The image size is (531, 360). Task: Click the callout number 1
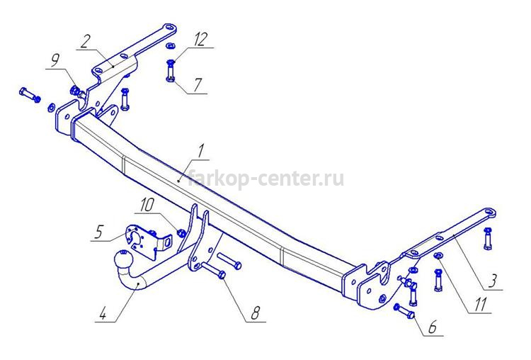[202, 151]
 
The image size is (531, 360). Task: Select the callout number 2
[86, 41]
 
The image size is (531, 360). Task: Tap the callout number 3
[493, 281]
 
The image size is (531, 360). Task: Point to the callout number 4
[103, 314]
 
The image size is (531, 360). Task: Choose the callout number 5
[98, 232]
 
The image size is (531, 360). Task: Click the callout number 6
[433, 328]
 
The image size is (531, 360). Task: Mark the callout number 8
[256, 313]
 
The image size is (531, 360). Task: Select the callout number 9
[55, 60]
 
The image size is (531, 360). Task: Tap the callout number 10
[147, 205]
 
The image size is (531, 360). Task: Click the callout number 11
[480, 305]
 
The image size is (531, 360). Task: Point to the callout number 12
[200, 40]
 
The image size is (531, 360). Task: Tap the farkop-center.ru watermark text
[265, 179]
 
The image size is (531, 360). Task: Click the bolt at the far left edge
[30, 94]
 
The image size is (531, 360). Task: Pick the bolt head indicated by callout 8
[222, 274]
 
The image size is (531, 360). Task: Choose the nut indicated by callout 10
[181, 232]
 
